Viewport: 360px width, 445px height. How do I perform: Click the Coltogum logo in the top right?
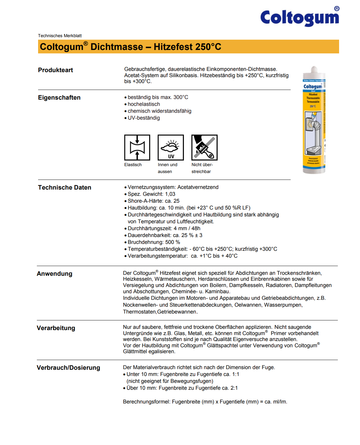coord(299,17)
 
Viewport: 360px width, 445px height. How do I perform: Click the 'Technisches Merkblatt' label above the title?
coord(60,36)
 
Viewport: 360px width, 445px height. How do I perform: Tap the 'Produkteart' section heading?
coord(56,70)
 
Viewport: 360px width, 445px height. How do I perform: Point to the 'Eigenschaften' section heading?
coord(59,97)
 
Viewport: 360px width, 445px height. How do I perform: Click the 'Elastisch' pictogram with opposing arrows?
coord(137,147)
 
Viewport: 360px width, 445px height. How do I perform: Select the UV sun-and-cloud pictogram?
coord(170,147)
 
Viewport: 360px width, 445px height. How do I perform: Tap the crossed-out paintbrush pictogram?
coord(204,147)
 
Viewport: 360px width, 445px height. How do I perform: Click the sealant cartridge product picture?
coord(314,120)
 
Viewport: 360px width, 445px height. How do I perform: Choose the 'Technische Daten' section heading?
coord(65,187)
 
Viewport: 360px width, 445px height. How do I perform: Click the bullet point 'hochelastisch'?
coord(144,104)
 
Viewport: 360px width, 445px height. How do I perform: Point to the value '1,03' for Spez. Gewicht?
coord(170,194)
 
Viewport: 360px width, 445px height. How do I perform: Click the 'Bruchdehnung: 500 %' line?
coord(154,242)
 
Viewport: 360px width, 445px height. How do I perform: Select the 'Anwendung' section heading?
coord(55,274)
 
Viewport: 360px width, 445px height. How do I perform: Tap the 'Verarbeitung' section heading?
coord(56,328)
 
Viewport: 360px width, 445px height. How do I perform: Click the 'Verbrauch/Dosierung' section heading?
coord(68,368)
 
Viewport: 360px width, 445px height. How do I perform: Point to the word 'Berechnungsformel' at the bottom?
coord(146,402)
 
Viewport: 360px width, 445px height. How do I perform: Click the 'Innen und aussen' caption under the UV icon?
coord(167,168)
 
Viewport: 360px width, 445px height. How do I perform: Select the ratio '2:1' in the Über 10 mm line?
coord(234,388)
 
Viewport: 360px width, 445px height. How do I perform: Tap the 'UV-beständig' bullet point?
coord(144,118)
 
